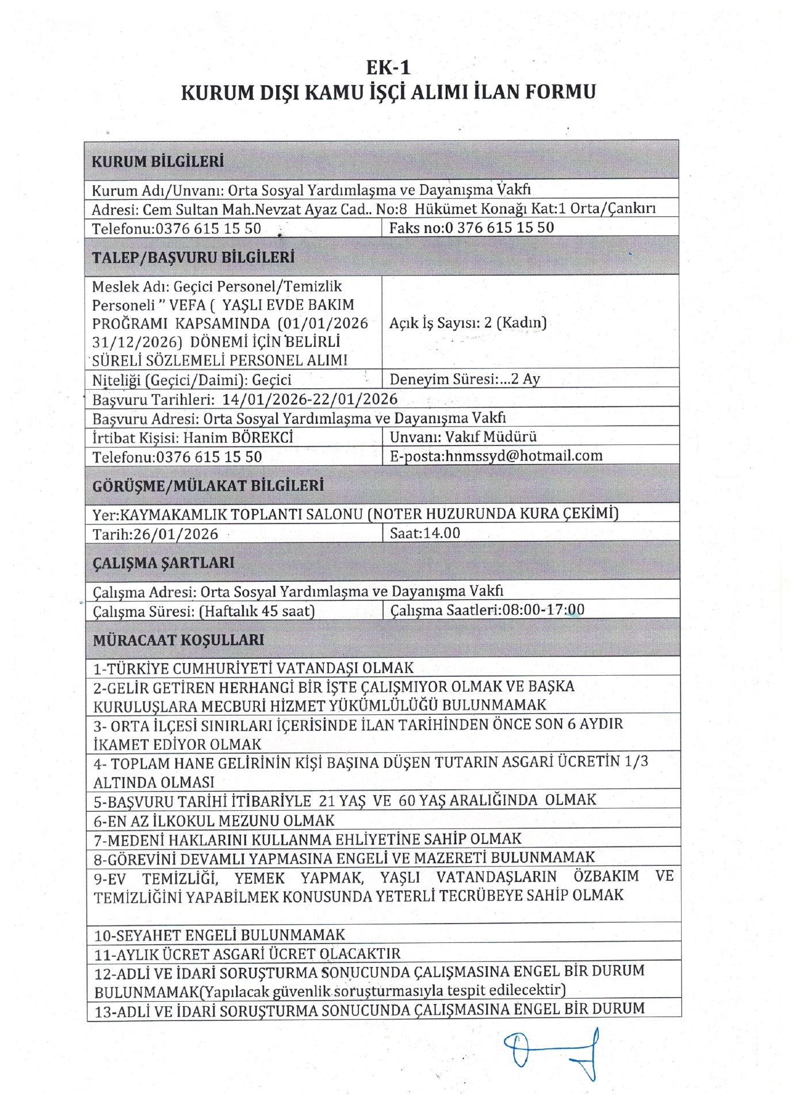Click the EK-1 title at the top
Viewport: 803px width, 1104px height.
click(x=389, y=68)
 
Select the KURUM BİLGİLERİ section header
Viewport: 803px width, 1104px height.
click(x=158, y=162)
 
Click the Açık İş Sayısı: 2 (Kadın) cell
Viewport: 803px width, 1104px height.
click(x=468, y=323)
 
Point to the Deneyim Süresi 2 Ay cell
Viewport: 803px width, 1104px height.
click(x=465, y=379)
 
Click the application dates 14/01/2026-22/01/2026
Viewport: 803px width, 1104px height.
click(x=309, y=399)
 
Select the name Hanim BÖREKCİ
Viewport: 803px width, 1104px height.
click(x=238, y=438)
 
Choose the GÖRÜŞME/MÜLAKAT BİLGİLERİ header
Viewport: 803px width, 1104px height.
click(x=208, y=486)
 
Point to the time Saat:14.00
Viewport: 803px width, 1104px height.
click(x=425, y=533)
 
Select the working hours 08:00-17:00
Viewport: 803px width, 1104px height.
click(x=543, y=609)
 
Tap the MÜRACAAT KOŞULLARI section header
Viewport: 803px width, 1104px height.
click(x=178, y=640)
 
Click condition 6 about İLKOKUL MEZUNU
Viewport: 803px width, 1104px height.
click(x=214, y=821)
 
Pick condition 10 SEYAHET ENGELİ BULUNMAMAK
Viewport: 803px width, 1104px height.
click(x=220, y=935)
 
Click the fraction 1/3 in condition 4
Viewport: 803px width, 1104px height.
click(x=636, y=762)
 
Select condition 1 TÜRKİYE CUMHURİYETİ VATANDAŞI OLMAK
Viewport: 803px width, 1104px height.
click(x=254, y=668)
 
